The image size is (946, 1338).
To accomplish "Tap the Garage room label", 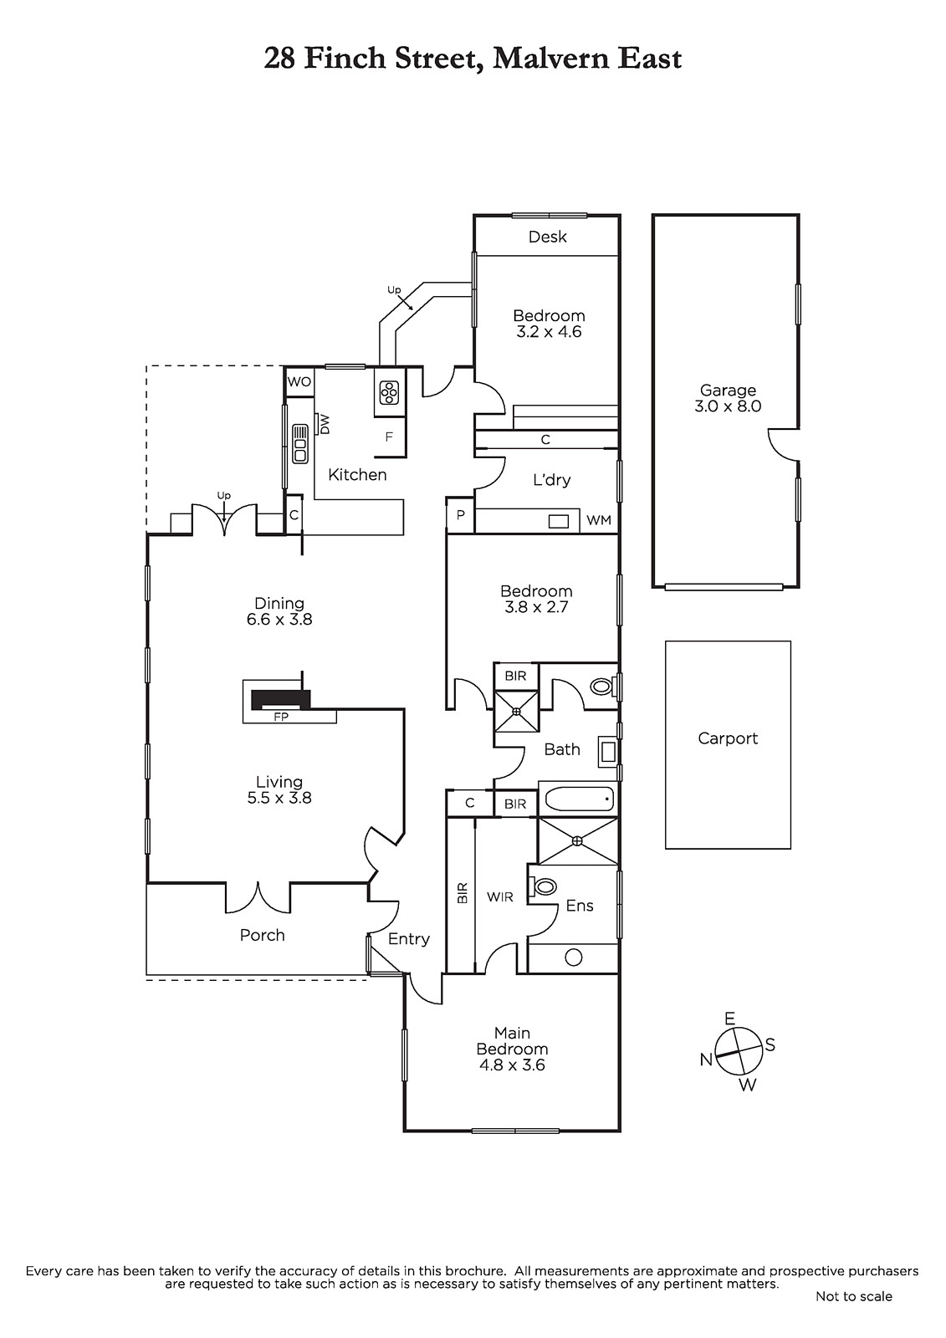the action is pyautogui.click(x=728, y=391).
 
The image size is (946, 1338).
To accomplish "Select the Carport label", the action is pyautogui.click(x=728, y=739).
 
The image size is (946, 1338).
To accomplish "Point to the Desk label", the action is pyautogui.click(x=547, y=237).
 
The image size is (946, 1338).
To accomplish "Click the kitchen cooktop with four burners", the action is pyautogui.click(x=390, y=393).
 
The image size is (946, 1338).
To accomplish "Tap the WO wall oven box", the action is pyautogui.click(x=299, y=381).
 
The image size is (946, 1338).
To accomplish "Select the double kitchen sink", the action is pyautogui.click(x=299, y=444).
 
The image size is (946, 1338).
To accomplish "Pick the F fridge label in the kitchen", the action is pyautogui.click(x=389, y=437).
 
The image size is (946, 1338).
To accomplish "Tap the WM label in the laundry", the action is pyautogui.click(x=599, y=520).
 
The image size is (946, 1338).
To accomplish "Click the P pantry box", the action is pyautogui.click(x=461, y=515).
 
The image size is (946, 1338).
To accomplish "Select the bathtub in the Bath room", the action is pyautogui.click(x=578, y=799).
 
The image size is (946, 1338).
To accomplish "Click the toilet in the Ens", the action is pyautogui.click(x=543, y=886).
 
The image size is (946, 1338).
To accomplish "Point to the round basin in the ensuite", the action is pyautogui.click(x=573, y=958).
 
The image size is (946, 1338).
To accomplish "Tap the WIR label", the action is pyautogui.click(x=499, y=897).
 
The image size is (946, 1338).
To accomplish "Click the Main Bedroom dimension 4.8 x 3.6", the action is pyautogui.click(x=512, y=1065).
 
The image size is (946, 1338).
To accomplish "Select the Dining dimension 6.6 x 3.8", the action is pyautogui.click(x=279, y=620).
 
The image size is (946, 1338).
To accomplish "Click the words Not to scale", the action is pyautogui.click(x=853, y=1296).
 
